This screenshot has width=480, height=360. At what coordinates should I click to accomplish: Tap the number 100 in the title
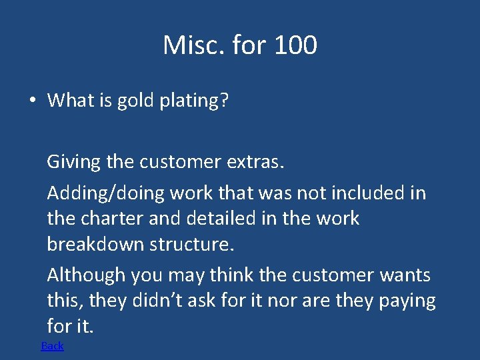(x=295, y=45)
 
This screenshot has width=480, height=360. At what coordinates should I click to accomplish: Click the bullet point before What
(x=32, y=101)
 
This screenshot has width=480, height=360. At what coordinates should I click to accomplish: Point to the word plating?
(x=194, y=101)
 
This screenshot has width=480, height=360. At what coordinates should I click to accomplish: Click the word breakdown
(x=95, y=244)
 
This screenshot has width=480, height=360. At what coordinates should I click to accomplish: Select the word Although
(x=86, y=275)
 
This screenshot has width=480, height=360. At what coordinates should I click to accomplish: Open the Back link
(x=53, y=345)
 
